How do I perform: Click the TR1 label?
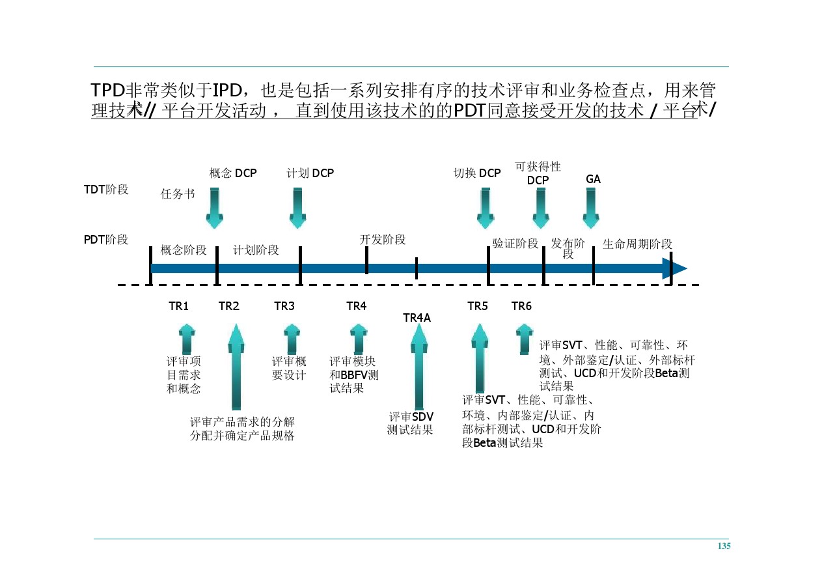coord(178,306)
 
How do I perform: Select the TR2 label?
coord(228,306)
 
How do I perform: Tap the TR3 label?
coord(284,306)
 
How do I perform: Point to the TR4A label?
coord(417,317)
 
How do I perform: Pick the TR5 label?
coord(477,306)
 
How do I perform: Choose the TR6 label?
coord(521,306)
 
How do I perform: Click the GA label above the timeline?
coord(593,179)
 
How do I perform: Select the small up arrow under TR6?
coord(524,339)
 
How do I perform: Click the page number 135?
coord(724,546)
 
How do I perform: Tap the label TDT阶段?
coord(106,190)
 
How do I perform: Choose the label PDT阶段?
coord(106,240)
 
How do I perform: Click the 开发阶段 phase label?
coord(383,240)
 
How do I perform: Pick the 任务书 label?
coord(178,194)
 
